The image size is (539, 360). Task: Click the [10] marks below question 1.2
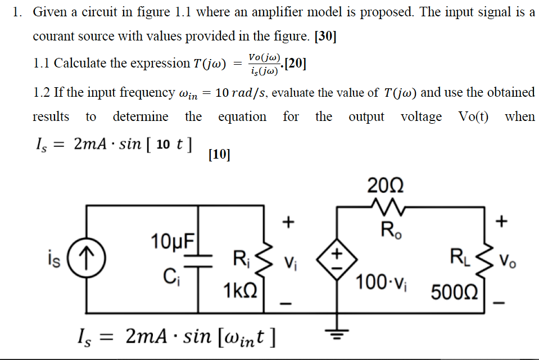[x=219, y=154]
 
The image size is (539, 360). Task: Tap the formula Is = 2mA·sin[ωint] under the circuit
[x=175, y=337]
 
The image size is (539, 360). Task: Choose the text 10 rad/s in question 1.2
[x=240, y=92]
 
